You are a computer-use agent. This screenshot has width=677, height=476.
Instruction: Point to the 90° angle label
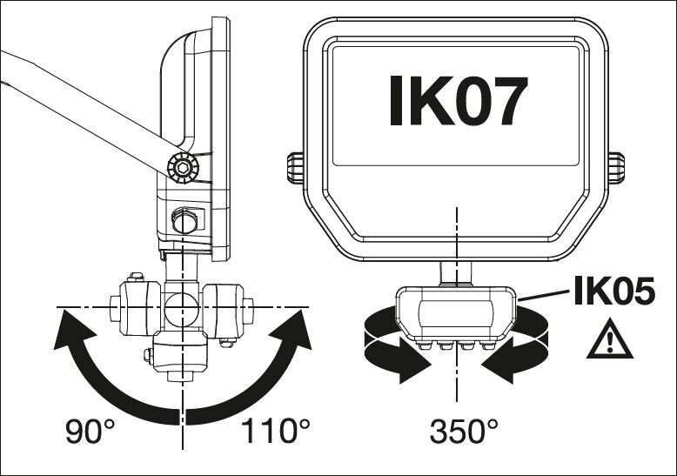(92, 430)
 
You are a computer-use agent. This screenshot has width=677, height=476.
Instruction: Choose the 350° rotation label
(465, 430)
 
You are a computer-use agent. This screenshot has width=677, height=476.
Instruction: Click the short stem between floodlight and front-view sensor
(455, 273)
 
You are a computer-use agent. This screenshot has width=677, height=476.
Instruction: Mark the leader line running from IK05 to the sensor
(544, 298)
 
